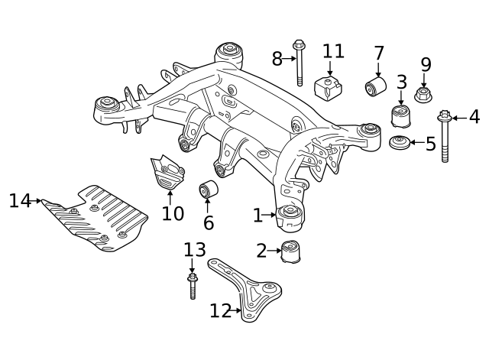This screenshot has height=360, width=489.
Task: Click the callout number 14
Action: [19, 201]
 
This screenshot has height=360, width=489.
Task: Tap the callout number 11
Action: [333, 51]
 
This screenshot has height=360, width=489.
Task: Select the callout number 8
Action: [277, 57]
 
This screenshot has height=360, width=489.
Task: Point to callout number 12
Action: [220, 311]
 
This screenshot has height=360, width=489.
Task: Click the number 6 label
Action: [208, 223]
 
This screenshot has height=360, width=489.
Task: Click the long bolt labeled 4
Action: [445, 138]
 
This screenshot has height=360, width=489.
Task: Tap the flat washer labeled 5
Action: [398, 142]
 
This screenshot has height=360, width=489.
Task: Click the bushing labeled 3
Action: [401, 116]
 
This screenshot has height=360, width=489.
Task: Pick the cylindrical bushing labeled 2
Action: [290, 251]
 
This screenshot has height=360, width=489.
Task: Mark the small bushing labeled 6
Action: [209, 187]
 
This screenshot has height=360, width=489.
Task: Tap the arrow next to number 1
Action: [270, 216]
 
